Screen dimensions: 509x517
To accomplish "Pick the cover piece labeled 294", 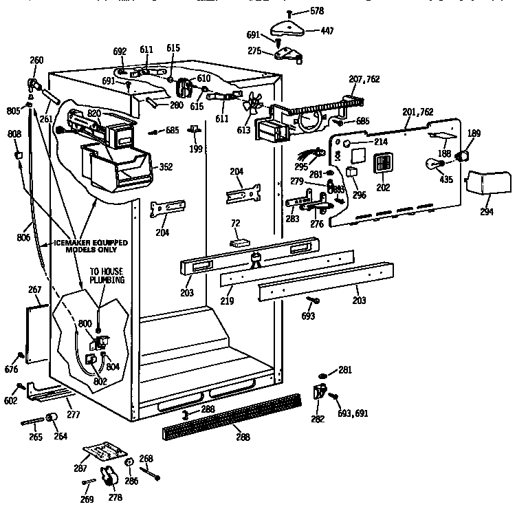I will pos(488,184).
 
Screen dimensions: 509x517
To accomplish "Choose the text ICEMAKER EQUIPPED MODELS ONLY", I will pos(82,247).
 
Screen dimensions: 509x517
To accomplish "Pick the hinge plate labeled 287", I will pos(99,452).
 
